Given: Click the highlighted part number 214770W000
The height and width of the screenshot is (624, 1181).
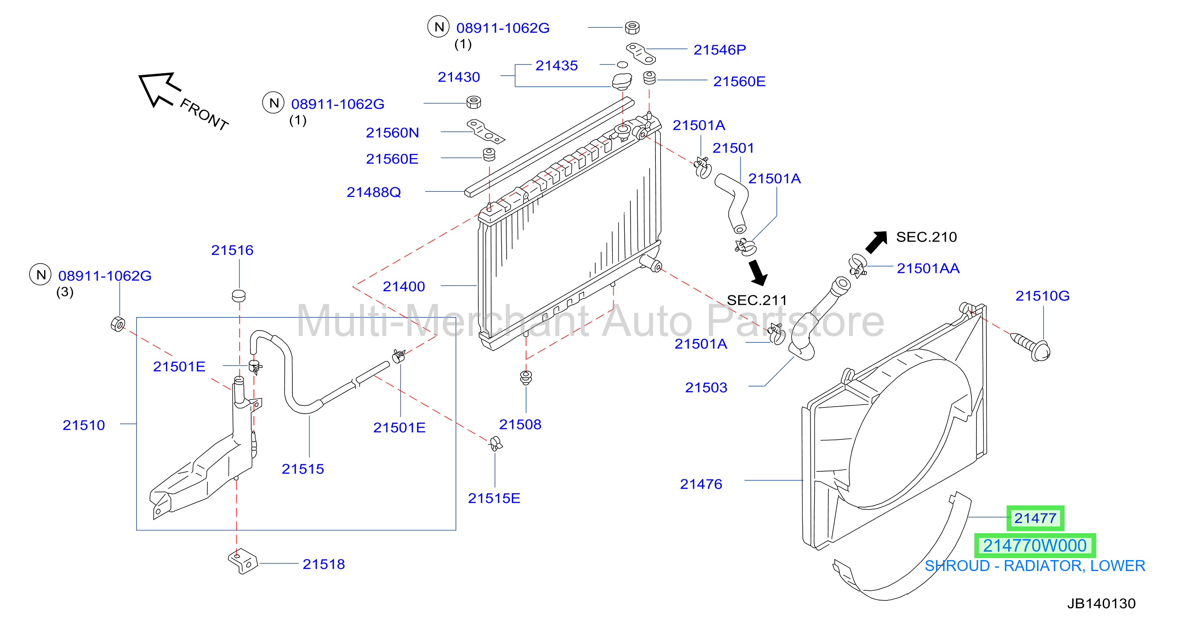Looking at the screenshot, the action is [1035, 545].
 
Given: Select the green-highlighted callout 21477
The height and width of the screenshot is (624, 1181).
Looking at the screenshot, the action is [1035, 518].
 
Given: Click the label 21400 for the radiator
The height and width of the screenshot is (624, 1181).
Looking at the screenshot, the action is [403, 286].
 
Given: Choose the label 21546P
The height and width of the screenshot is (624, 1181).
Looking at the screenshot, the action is [719, 50].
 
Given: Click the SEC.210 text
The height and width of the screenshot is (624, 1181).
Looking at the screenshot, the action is [926, 237].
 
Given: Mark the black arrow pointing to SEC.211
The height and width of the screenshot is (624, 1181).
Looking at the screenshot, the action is [758, 272].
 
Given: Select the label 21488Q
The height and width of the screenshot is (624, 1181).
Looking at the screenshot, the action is [374, 192].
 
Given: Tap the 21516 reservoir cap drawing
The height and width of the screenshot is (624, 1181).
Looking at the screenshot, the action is [239, 296].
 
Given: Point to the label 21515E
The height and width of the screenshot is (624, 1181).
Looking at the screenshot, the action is [494, 498].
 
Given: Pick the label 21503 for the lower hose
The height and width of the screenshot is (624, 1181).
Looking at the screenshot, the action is [706, 388].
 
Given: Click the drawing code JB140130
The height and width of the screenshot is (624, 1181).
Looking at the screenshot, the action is [1101, 603].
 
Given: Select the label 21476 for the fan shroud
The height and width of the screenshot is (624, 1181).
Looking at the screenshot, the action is [701, 484].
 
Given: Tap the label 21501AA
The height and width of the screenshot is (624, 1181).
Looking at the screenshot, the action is [928, 268].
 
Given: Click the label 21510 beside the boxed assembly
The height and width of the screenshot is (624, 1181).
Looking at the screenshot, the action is [84, 426].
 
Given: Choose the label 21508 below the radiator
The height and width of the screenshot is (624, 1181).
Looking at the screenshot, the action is [520, 424].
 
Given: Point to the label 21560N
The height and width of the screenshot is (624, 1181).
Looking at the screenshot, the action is [392, 132].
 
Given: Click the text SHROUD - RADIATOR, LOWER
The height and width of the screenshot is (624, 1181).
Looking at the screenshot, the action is [1035, 566].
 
